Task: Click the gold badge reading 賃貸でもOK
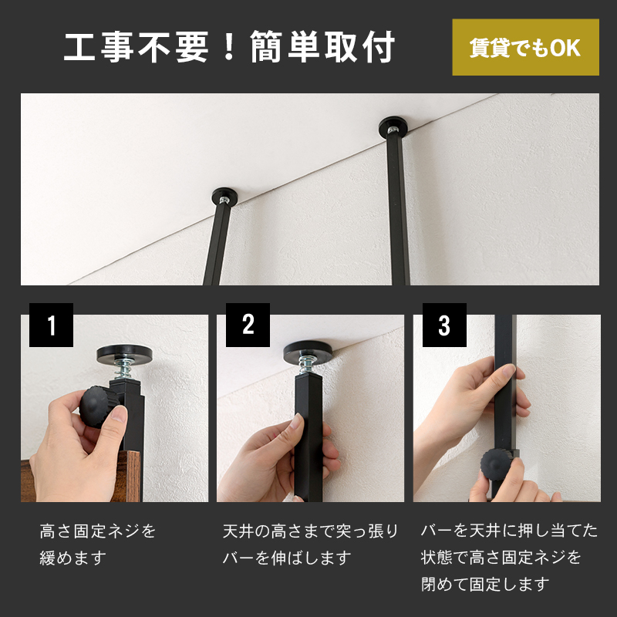pyautogui.click(x=526, y=47)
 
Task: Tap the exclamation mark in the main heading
pyautogui.click(x=228, y=46)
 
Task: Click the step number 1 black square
pyautogui.click(x=51, y=325)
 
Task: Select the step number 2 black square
pyautogui.click(x=248, y=325)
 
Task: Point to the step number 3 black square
pyautogui.click(x=445, y=325)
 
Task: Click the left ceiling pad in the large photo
pyautogui.click(x=224, y=196)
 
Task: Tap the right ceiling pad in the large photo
pyautogui.click(x=393, y=126)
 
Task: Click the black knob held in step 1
pyautogui.click(x=96, y=407)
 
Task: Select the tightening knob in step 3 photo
pyautogui.click(x=497, y=466)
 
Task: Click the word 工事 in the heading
pyautogui.click(x=98, y=46)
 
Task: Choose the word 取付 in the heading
pyautogui.click(x=360, y=46)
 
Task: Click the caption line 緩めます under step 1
pyautogui.click(x=73, y=558)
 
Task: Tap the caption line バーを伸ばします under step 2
pyautogui.click(x=287, y=558)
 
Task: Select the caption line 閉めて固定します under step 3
pyautogui.click(x=485, y=584)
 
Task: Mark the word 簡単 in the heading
pyautogui.click(x=284, y=46)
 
